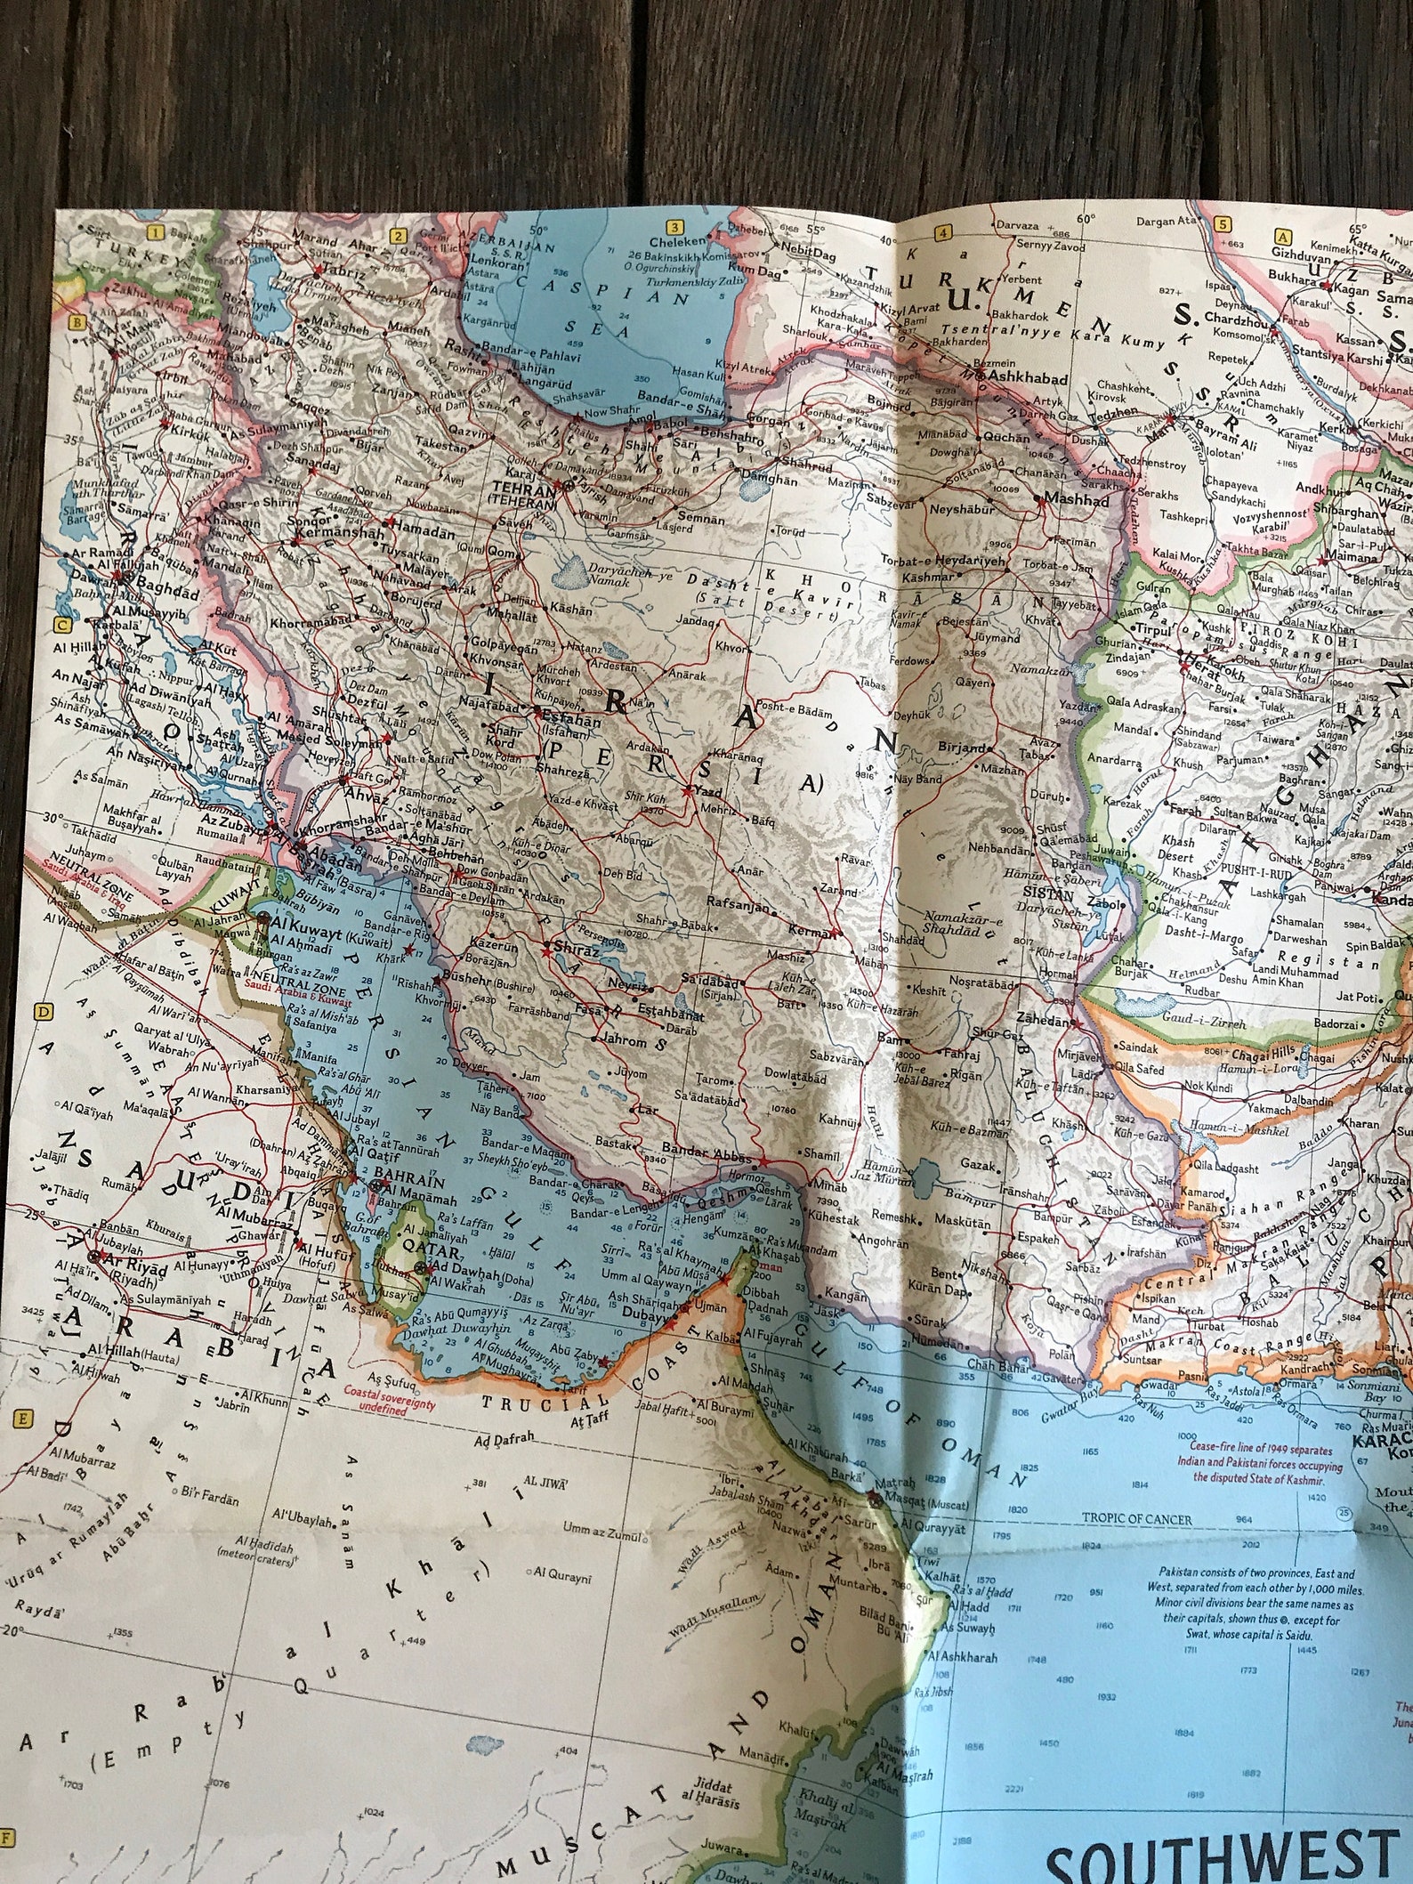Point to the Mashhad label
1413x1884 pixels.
pos(1077,500)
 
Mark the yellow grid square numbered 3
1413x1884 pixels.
pos(674,227)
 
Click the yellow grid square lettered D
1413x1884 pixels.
pos(40,1012)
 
